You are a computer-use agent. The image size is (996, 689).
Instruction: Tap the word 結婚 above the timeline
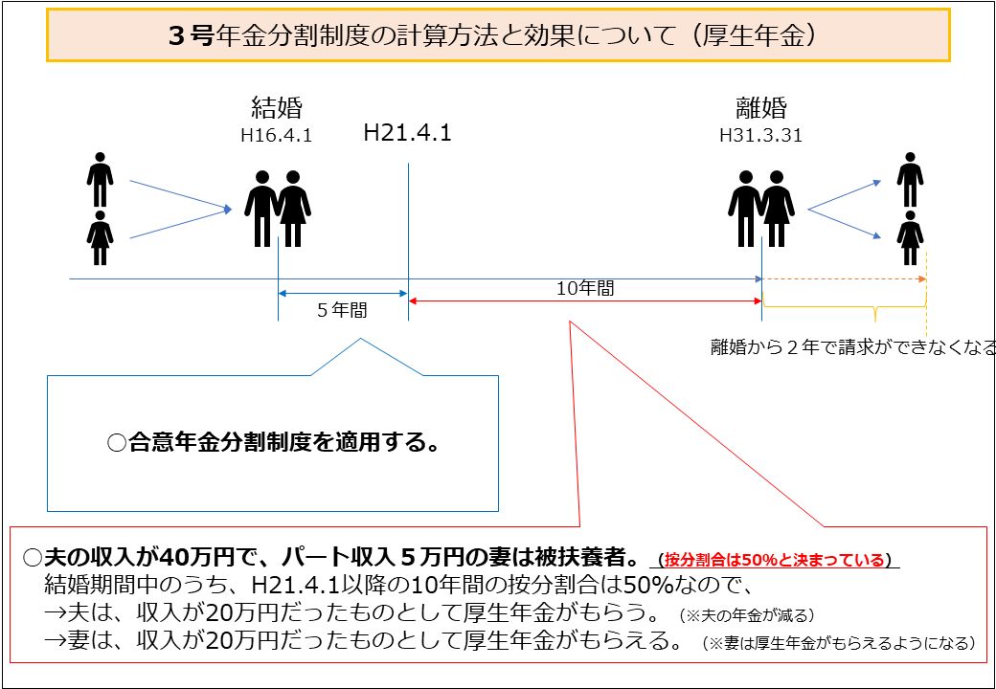(277, 108)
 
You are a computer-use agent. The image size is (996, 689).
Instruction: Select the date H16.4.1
(277, 137)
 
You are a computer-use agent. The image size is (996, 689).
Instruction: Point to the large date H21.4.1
(407, 133)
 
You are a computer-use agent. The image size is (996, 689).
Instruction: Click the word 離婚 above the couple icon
(761, 108)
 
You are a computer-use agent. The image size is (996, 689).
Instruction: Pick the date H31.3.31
(761, 136)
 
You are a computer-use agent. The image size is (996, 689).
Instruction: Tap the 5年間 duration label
(343, 310)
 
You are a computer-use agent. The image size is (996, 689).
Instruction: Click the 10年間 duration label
(585, 289)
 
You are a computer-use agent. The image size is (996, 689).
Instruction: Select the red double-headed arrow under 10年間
(585, 300)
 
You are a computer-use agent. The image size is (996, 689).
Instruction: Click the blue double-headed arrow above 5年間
(343, 293)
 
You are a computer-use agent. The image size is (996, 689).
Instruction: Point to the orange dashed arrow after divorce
(844, 279)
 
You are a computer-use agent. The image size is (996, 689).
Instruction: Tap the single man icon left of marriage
(100, 180)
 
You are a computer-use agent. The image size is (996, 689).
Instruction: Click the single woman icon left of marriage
(100, 238)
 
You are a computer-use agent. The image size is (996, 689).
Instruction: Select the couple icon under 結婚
(278, 209)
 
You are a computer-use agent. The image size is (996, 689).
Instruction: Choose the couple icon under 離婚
(761, 209)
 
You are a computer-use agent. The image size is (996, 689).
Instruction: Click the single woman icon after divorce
(910, 238)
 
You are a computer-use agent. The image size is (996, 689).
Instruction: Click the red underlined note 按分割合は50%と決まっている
(775, 560)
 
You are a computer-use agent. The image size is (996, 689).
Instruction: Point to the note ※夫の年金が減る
(746, 614)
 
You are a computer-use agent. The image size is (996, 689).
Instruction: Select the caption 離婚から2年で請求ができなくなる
(852, 347)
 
